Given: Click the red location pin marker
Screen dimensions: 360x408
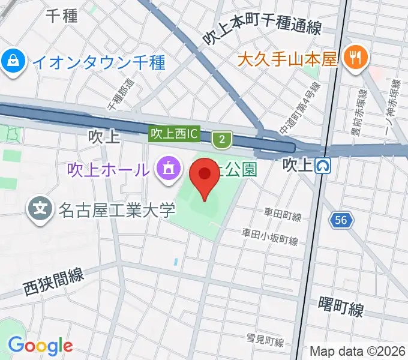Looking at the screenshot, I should tap(205, 176).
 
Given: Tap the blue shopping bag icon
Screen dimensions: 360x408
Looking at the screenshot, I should tap(12, 61).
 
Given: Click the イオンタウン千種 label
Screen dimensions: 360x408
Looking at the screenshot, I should tap(98, 61).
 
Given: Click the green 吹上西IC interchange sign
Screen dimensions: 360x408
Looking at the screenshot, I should tap(174, 134).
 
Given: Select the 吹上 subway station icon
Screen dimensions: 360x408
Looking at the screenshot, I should tap(325, 164).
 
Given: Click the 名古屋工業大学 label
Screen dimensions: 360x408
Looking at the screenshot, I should tap(116, 210).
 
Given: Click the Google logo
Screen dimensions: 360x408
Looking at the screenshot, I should tap(40, 346).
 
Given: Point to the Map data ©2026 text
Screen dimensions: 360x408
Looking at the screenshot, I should tap(357, 351).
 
